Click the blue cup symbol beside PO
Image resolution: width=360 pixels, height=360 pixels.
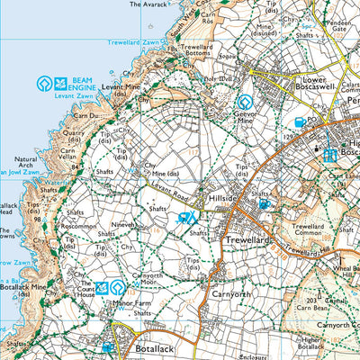[300, 122]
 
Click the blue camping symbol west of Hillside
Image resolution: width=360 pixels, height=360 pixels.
[186, 218]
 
